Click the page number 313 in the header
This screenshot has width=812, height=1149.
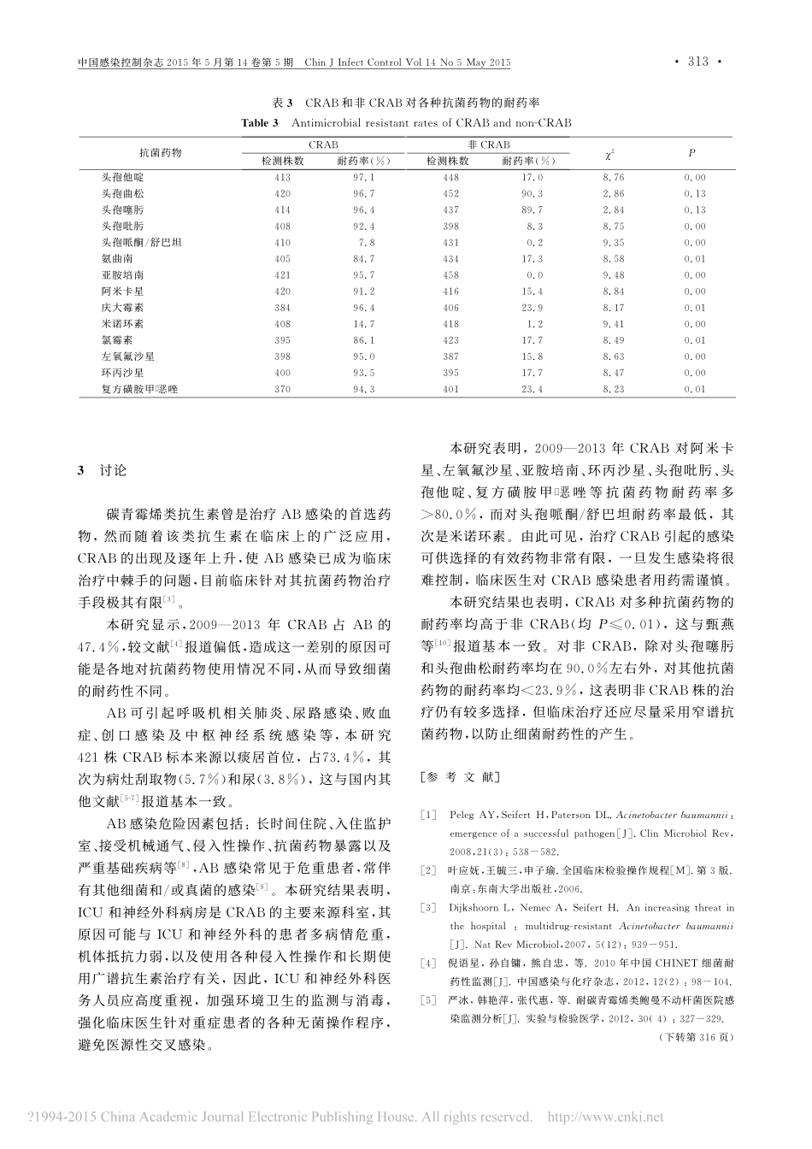pyautogui.click(x=698, y=62)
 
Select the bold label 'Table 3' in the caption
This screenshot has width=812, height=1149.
pyautogui.click(x=261, y=123)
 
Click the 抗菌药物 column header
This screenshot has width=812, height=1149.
pyautogui.click(x=161, y=153)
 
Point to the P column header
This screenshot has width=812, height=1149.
pyautogui.click(x=691, y=153)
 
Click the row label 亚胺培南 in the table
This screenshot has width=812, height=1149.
pyautogui.click(x=123, y=275)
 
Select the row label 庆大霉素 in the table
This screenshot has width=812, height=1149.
pyautogui.click(x=123, y=308)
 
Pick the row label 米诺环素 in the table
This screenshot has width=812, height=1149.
pyautogui.click(x=123, y=324)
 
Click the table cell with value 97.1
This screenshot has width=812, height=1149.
pyautogui.click(x=363, y=178)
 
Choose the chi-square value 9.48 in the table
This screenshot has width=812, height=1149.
pyautogui.click(x=613, y=275)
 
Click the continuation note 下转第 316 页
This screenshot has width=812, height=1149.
pyautogui.click(x=697, y=1037)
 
